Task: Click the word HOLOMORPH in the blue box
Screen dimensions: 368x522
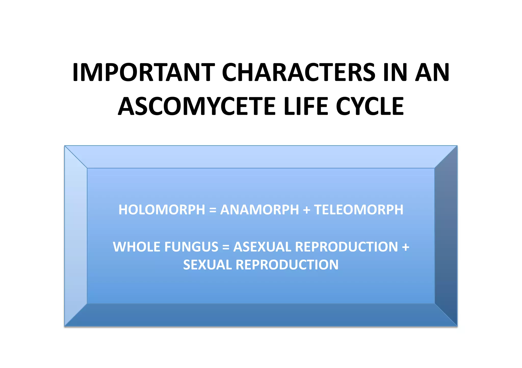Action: click(x=162, y=210)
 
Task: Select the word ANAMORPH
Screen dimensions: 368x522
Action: click(x=259, y=210)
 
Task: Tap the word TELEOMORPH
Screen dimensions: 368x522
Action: click(x=359, y=210)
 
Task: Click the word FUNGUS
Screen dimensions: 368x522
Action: click(x=191, y=247)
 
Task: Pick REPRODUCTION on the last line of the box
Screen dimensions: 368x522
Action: click(x=287, y=265)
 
